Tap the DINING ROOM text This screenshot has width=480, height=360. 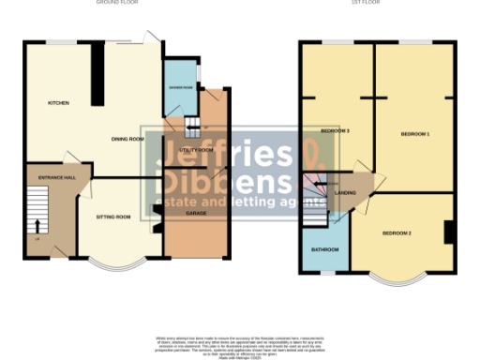click(x=127, y=140)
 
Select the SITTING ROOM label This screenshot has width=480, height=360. click(x=113, y=217)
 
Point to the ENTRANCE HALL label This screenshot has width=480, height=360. click(x=51, y=178)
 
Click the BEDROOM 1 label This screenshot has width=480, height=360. click(x=414, y=135)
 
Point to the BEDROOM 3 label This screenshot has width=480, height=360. click(x=335, y=130)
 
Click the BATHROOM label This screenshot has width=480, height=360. click(x=324, y=249)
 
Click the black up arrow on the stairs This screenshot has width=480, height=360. click(x=37, y=226)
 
